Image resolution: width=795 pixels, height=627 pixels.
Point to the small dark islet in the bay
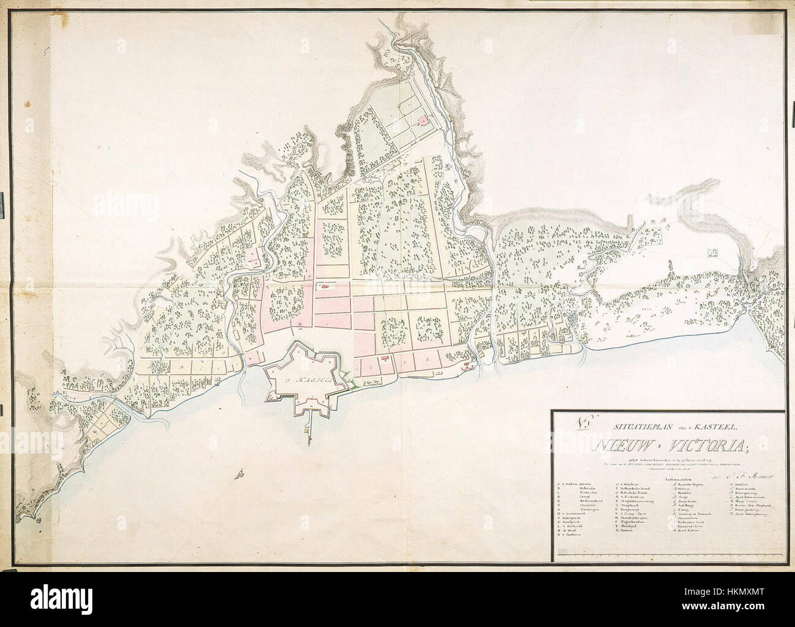click(243, 474)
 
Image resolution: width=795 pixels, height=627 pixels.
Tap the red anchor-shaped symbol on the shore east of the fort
click(468, 367)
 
